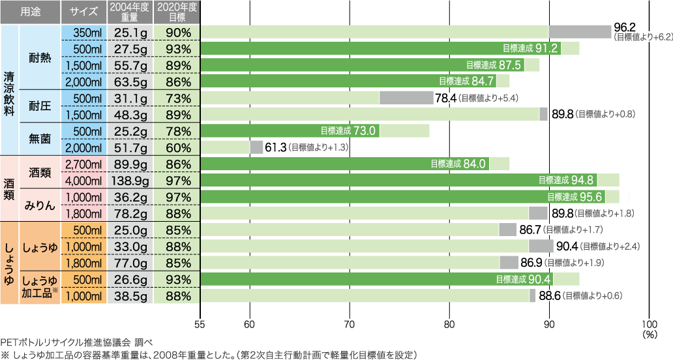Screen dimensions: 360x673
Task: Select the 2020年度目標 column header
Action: pyautogui.click(x=177, y=11)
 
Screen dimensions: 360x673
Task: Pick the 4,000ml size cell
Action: pyautogui.click(x=82, y=180)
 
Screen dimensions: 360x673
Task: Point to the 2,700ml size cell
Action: pyautogui.click(x=82, y=164)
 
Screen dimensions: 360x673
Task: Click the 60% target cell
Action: pyautogui.click(x=177, y=147)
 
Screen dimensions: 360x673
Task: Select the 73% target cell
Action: pyautogui.click(x=177, y=98)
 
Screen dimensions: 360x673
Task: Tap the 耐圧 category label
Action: pyautogui.click(x=40, y=106)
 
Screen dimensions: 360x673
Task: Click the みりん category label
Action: pyautogui.click(x=40, y=205)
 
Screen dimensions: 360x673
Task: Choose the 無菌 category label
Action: pyautogui.click(x=40, y=139)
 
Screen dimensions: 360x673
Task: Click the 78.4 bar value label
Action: pyautogui.click(x=445, y=98)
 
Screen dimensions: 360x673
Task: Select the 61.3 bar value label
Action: pyautogui.click(x=276, y=148)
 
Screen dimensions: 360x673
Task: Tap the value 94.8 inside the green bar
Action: pyautogui.click(x=582, y=180)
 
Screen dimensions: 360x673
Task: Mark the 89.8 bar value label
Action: pyautogui.click(x=562, y=114)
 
